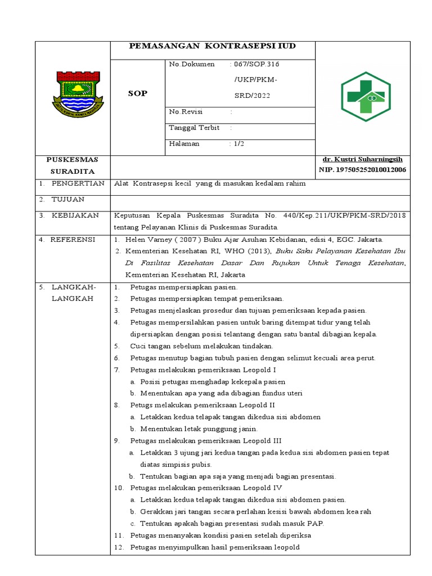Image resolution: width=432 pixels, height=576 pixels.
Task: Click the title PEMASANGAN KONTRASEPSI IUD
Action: (212, 46)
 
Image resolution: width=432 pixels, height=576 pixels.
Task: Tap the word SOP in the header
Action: (138, 93)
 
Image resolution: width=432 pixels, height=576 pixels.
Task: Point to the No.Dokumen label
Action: (192, 64)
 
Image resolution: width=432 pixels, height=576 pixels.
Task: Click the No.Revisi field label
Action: (186, 111)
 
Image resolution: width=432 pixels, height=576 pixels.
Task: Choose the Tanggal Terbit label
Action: (193, 128)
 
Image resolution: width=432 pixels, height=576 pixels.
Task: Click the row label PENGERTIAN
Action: (78, 183)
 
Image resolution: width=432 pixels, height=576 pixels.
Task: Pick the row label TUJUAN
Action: (68, 200)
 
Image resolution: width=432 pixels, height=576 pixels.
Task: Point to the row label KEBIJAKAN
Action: (75, 215)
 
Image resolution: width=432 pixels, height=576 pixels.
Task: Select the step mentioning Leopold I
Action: (203, 370)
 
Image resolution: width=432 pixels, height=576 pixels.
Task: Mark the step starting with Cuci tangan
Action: (201, 346)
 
